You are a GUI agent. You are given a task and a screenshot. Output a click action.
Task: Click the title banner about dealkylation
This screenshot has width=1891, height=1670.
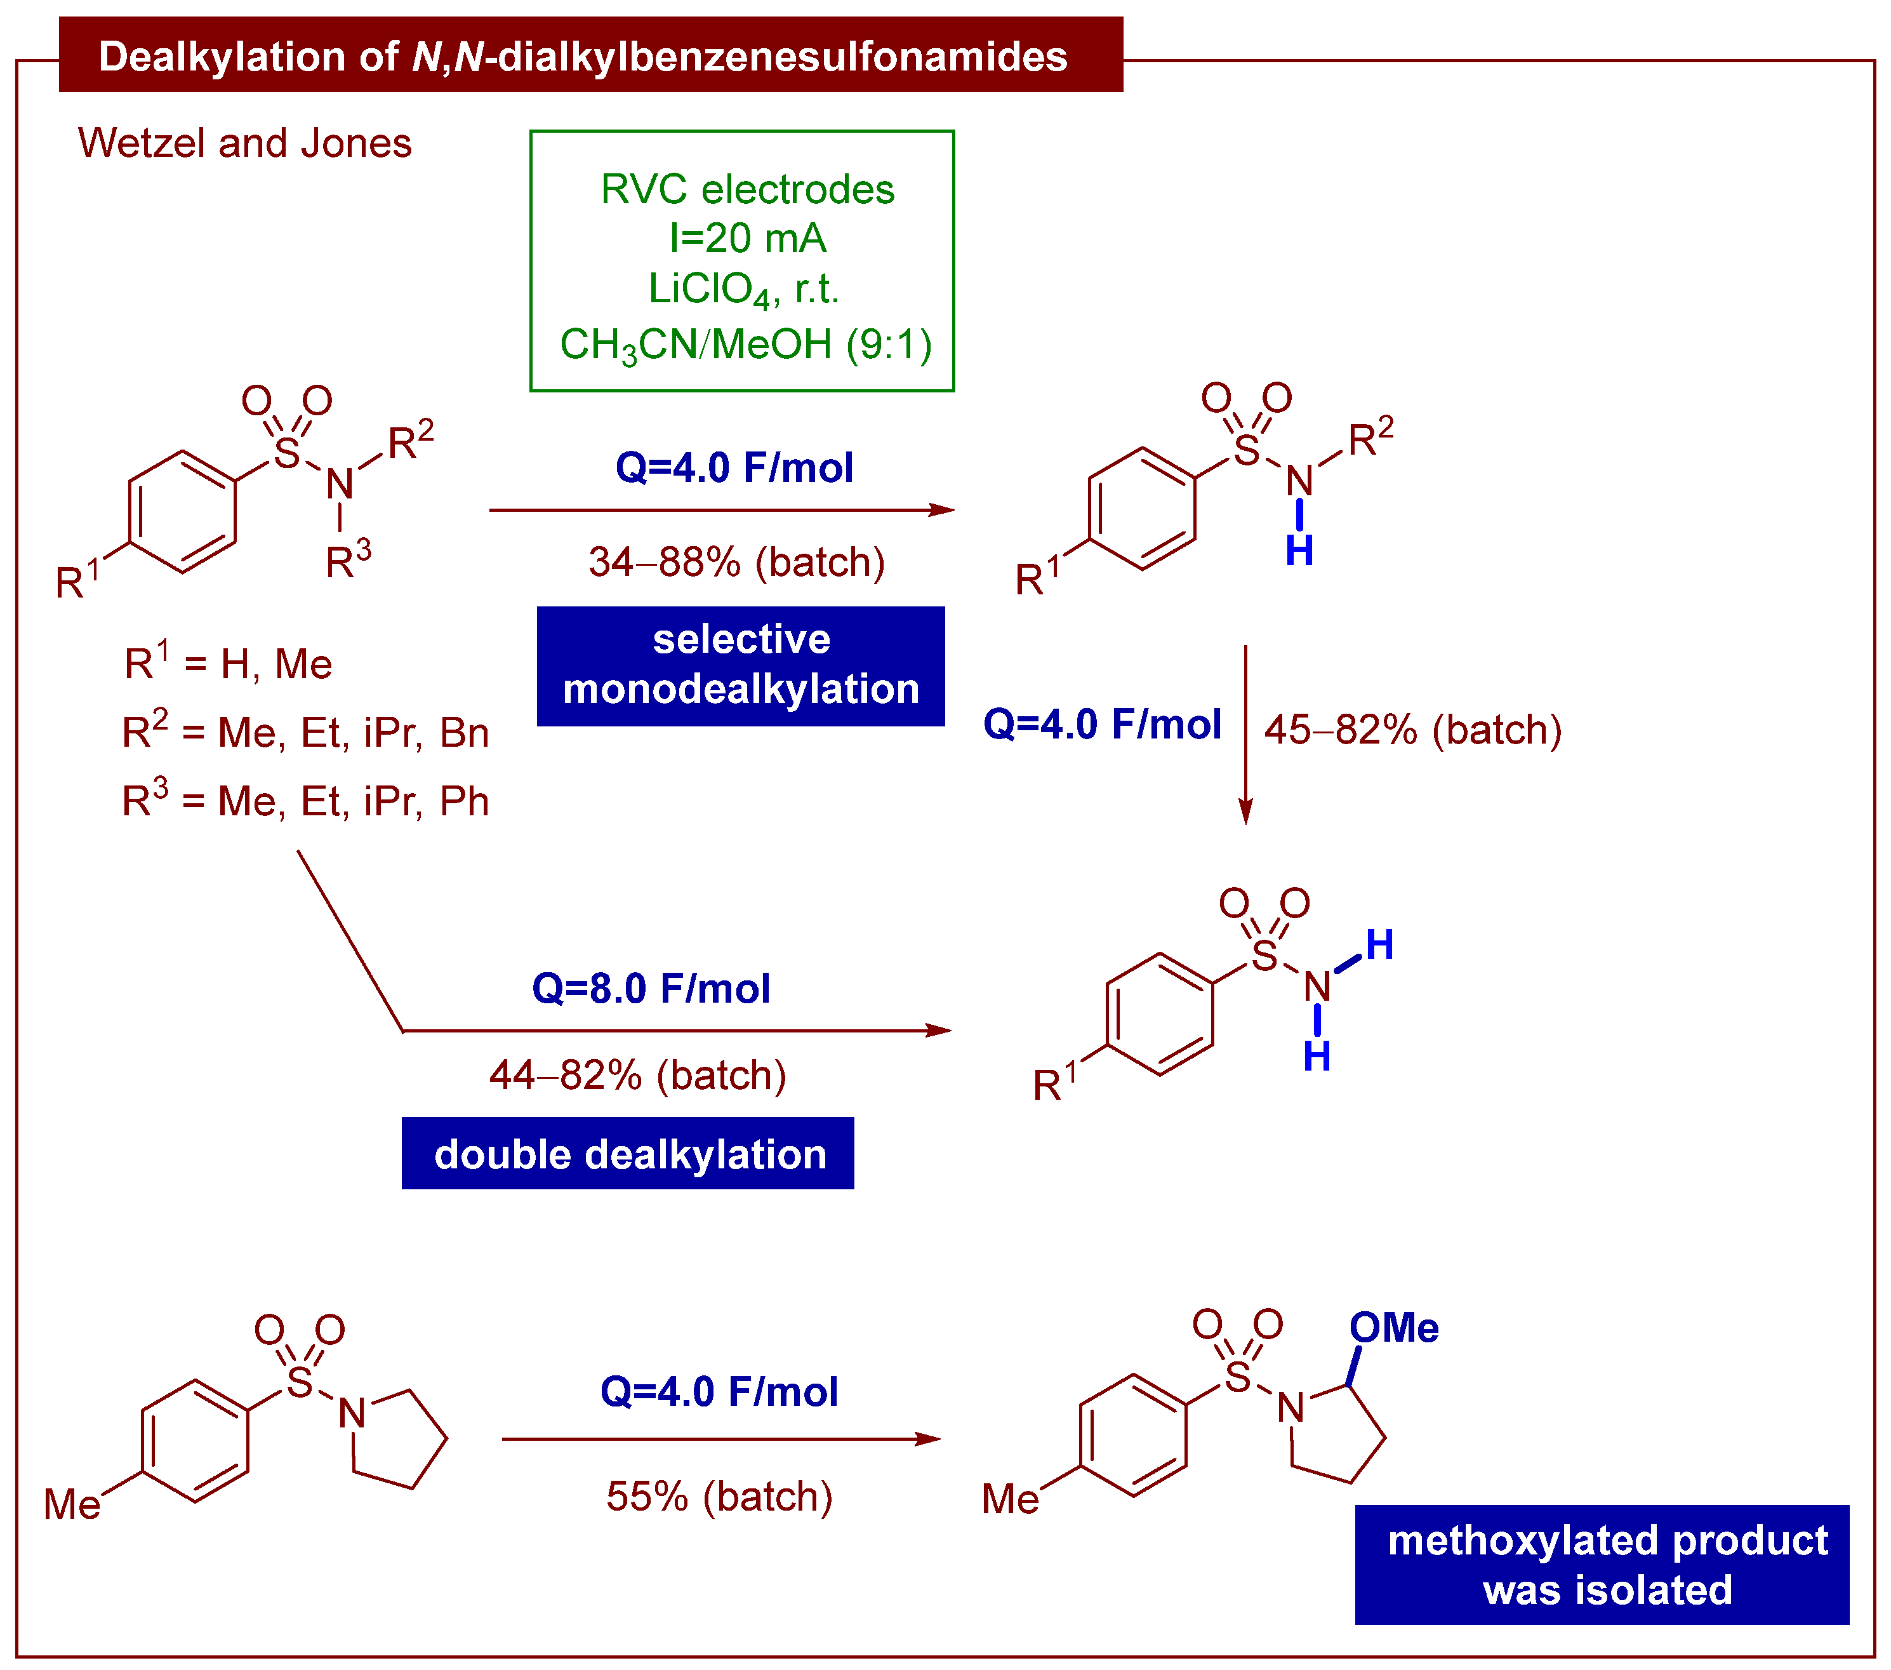coord(590,55)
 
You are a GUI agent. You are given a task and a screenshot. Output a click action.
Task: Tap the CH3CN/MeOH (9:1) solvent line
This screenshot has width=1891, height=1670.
coord(746,344)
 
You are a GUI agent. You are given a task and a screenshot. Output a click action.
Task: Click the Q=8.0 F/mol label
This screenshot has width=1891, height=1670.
coord(651,988)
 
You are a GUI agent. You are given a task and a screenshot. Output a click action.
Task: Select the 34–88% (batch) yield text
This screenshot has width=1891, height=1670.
coord(736,561)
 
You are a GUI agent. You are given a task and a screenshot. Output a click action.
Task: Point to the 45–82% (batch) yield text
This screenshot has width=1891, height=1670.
coord(1413,729)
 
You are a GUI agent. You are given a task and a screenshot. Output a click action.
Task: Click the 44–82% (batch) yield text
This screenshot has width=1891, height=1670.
coord(637,1075)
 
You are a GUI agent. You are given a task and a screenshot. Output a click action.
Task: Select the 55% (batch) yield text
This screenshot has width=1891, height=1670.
coord(719,1496)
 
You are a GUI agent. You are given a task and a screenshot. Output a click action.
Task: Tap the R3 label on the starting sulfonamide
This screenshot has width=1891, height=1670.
coord(348,560)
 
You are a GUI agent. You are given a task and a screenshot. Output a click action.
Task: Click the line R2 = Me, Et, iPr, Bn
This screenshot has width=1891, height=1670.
coord(305,732)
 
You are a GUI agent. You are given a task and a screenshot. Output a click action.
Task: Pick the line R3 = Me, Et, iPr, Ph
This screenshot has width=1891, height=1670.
coord(305,800)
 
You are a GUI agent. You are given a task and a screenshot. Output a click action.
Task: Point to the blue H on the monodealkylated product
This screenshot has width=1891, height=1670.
coord(1299,551)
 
